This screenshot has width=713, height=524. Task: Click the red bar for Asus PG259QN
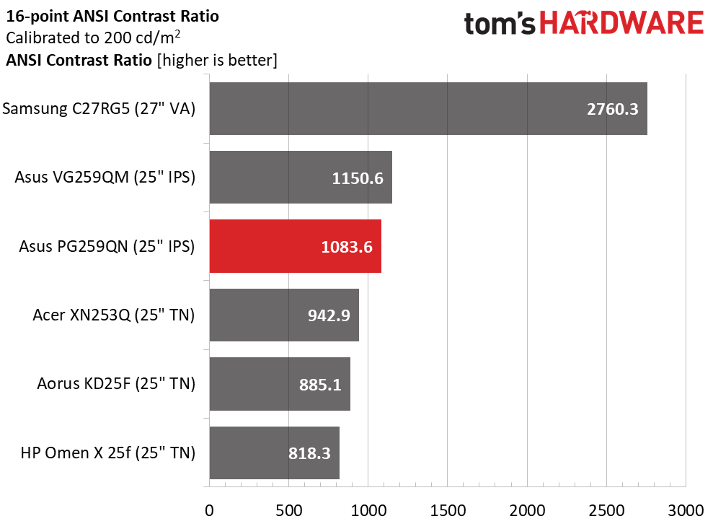[295, 246]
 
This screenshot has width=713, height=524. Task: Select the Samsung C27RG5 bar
[428, 109]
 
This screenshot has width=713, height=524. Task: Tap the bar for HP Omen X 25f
[274, 453]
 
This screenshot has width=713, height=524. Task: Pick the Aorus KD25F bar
[280, 384]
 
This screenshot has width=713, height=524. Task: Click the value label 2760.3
[613, 109]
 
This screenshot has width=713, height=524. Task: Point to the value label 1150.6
[358, 178]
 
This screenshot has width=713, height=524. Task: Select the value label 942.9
[329, 315]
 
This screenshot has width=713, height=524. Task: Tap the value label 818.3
[309, 453]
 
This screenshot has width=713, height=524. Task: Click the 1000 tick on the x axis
[368, 510]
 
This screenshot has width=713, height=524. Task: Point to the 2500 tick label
[606, 510]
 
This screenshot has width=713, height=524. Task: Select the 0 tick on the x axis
[209, 510]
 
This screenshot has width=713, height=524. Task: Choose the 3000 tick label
[686, 510]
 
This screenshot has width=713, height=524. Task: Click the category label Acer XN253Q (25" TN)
[114, 315]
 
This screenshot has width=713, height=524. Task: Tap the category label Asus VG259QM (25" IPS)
[105, 177]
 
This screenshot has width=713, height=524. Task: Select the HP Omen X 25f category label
[107, 453]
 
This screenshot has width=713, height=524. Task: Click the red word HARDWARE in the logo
[621, 23]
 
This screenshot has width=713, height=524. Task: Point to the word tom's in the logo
[500, 23]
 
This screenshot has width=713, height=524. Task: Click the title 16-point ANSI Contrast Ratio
[112, 17]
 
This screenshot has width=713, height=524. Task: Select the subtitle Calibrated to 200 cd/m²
[93, 38]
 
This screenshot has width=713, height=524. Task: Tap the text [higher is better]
[217, 60]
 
